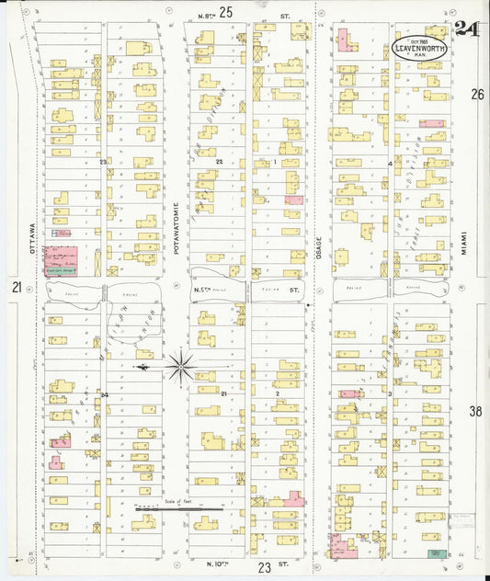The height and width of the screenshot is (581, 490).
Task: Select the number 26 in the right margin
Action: [477, 94]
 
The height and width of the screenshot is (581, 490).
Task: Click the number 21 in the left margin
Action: [17, 288]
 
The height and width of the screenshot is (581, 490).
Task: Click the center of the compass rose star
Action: [181, 368]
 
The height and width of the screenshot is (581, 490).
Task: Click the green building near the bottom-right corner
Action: [435, 553]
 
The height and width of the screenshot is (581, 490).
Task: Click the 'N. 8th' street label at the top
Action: [207, 16]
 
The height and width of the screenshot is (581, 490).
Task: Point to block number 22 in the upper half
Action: [219, 161]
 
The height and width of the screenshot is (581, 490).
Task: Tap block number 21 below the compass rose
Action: [222, 393]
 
